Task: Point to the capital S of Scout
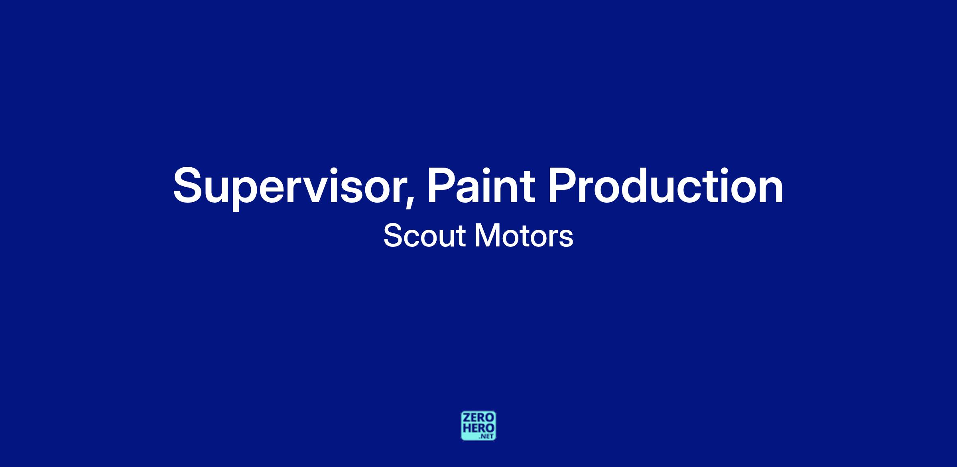393,236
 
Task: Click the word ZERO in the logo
478,418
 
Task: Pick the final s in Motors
567,238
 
